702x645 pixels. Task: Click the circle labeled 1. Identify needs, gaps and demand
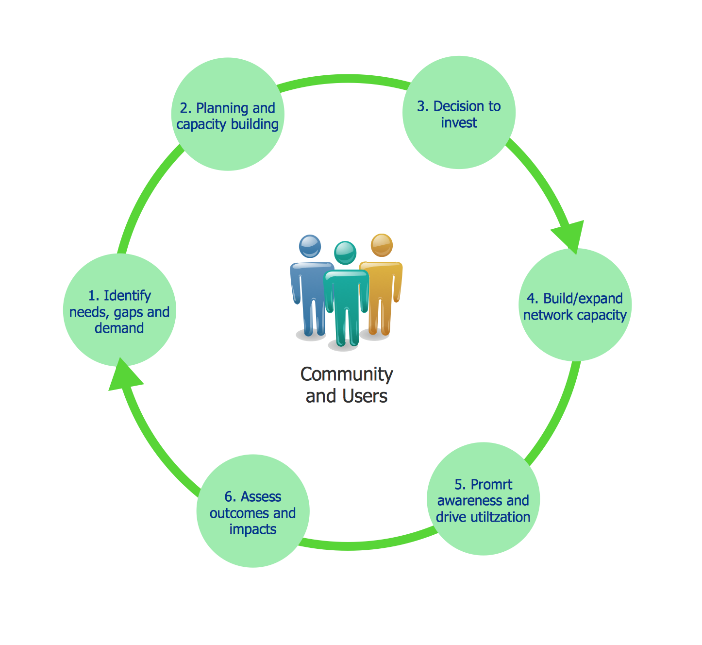[119, 311]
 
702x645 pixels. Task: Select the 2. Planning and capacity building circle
[227, 115]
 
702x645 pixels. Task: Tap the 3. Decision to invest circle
[459, 113]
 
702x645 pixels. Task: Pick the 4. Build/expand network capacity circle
[575, 306]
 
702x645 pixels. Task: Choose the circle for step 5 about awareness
[483, 499]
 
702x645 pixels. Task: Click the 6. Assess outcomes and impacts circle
[253, 511]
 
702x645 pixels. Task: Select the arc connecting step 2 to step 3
[343, 79]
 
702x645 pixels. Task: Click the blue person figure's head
[310, 246]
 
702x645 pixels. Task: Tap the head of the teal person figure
[345, 253]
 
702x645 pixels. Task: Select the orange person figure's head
[381, 245]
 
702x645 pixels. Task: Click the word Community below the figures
[347, 374]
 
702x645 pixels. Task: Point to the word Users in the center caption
[365, 396]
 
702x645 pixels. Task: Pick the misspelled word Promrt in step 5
[491, 484]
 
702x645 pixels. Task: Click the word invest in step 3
[459, 122]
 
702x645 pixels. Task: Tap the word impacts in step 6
[253, 529]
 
